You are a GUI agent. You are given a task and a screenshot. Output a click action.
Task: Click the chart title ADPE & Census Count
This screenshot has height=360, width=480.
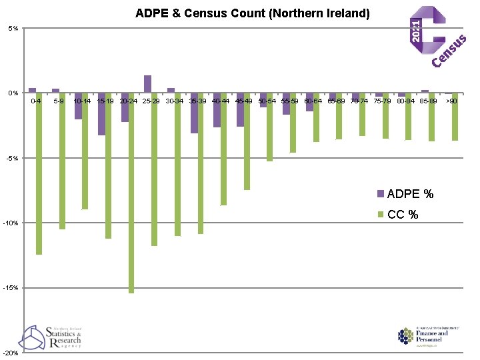coord(252,13)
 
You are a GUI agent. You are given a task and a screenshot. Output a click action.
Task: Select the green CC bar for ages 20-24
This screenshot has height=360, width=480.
coord(131,193)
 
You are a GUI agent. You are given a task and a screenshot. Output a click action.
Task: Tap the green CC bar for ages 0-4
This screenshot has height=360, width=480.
coord(39,173)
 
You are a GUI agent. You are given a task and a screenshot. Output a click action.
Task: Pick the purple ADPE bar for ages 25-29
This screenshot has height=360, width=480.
coord(147,85)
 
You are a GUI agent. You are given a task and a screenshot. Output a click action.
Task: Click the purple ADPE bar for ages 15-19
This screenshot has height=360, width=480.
coord(101,114)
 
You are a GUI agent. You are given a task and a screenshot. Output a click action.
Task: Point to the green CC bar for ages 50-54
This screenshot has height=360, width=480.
coord(270,127)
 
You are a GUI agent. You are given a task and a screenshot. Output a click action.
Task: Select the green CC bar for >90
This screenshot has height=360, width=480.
coord(455,117)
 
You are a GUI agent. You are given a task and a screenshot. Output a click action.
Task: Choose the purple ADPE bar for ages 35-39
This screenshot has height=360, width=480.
coord(194,113)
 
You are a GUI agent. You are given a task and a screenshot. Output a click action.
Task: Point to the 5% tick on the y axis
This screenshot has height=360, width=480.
coord(13,29)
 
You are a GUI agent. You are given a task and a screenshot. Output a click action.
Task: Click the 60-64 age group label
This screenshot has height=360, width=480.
coord(313,101)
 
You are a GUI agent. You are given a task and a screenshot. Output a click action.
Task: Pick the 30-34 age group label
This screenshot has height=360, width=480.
coord(174,101)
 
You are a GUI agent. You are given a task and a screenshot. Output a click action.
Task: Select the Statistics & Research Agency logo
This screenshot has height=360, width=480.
coord(52,337)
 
